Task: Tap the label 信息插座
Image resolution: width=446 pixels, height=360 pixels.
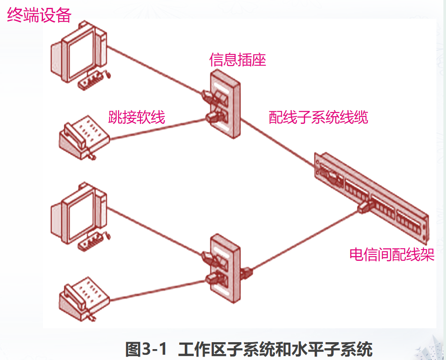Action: coord(237,60)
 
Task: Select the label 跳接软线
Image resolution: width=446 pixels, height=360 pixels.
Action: coord(136,117)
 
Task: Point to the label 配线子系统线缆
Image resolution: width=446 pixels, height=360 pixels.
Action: coord(318,117)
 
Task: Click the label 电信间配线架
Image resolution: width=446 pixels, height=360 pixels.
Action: coord(392,254)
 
